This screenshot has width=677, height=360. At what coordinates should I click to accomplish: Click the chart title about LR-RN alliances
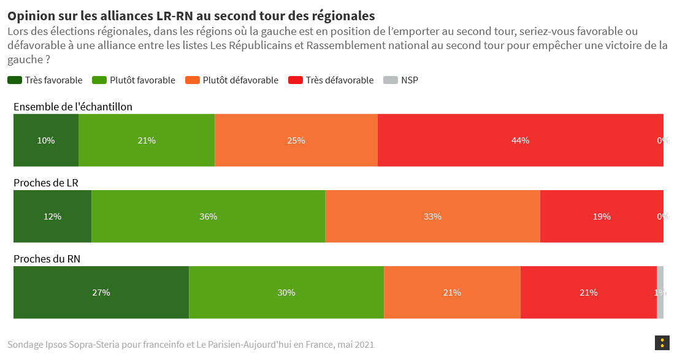point(191,15)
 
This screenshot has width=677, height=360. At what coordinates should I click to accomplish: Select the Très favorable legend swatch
point(15,80)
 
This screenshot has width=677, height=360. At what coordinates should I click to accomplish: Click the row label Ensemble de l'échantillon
point(73,107)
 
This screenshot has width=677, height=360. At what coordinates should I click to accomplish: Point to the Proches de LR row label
point(46,183)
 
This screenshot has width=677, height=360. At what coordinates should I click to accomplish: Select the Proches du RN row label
point(47,259)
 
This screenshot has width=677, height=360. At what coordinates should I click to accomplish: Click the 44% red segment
point(520,140)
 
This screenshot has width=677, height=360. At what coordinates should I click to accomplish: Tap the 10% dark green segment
point(46,140)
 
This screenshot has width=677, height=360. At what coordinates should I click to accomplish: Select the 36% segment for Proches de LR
point(208,216)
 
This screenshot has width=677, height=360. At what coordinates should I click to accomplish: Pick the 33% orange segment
point(432,216)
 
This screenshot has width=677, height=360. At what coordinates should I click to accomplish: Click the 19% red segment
point(601,216)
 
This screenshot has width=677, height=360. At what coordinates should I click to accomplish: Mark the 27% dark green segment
point(101,293)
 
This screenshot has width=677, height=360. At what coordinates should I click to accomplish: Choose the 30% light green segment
point(286,293)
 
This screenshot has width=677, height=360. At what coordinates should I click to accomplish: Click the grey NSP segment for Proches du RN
point(660,293)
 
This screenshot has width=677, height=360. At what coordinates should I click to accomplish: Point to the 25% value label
point(296,140)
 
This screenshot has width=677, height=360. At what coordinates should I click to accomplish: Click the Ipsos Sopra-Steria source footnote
point(191,345)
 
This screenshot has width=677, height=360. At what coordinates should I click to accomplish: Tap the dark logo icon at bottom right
point(662,343)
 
